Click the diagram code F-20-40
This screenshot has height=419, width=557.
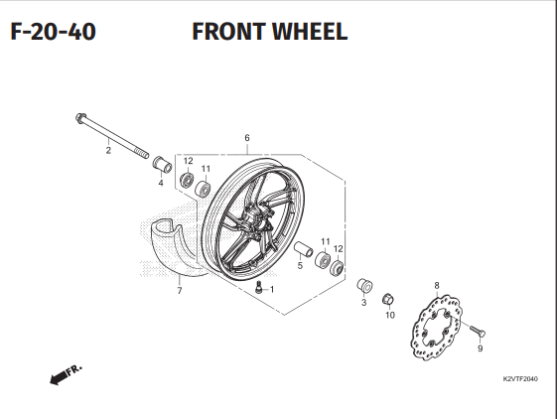[54, 31]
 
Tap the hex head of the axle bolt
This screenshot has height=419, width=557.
[80, 118]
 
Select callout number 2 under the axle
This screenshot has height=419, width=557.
[108, 150]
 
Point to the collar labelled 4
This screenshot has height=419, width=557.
[163, 163]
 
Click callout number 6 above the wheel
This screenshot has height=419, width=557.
[247, 138]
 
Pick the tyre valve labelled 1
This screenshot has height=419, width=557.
[259, 286]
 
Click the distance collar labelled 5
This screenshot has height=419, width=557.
[304, 249]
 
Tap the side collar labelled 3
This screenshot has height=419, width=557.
[364, 286]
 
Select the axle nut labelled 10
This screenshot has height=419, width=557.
[388, 299]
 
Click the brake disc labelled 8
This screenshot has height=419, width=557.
[436, 328]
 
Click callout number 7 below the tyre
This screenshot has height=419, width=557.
[180, 291]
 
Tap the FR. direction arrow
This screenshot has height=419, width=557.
[67, 374]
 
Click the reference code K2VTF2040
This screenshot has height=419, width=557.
[520, 379]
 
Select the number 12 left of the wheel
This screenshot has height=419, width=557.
[188, 161]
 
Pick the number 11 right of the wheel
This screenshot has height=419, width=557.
[326, 242]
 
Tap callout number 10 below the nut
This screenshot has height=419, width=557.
[390, 315]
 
